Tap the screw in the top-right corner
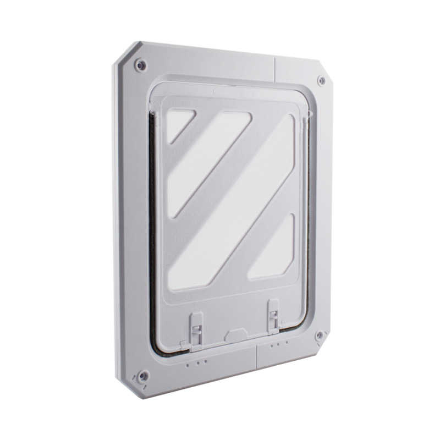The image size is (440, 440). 321,81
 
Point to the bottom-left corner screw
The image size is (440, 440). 142,377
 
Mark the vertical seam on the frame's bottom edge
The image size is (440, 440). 256,359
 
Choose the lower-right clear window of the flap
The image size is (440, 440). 271,248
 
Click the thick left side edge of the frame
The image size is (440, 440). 120,220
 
